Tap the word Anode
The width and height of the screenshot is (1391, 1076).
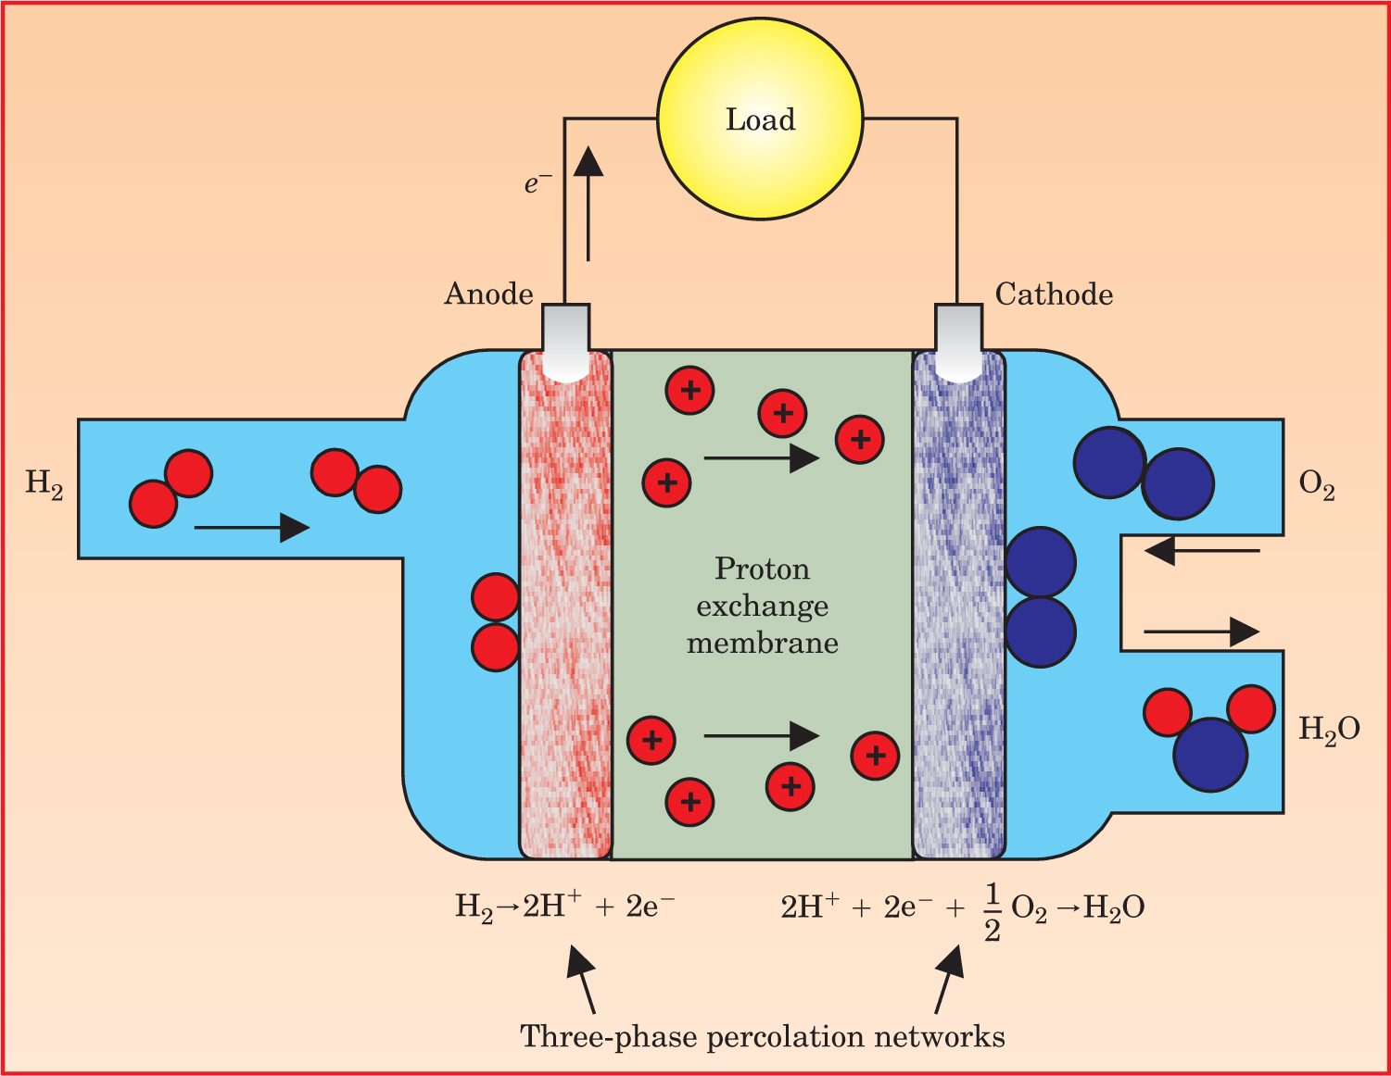point(488,294)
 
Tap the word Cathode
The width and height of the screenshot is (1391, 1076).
point(1054,294)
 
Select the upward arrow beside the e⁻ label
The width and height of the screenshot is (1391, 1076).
point(588,204)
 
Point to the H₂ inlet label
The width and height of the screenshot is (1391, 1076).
point(44,483)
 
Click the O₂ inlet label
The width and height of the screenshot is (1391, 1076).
point(1317,484)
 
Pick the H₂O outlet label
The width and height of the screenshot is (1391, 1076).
point(1329,730)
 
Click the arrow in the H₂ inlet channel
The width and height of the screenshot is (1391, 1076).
point(251,528)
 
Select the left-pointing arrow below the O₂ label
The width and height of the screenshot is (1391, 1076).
point(1202,552)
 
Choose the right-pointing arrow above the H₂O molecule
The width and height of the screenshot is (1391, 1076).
point(1202,632)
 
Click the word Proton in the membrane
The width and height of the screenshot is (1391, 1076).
point(762,569)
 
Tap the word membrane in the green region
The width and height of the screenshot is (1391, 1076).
point(762,643)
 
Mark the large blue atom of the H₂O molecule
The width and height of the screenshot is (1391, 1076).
point(1209,755)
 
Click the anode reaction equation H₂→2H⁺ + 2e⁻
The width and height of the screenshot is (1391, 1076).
point(564,906)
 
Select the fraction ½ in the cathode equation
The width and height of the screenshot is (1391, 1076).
point(992,912)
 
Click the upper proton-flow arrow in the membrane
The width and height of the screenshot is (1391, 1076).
point(761,457)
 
